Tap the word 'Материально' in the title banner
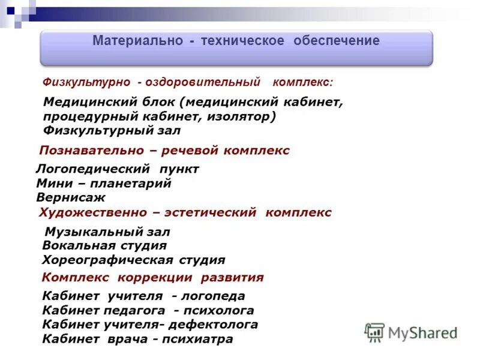click(x=133, y=41)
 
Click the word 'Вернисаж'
click(x=71, y=197)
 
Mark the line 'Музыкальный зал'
click(x=107, y=232)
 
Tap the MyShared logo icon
click(x=374, y=332)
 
